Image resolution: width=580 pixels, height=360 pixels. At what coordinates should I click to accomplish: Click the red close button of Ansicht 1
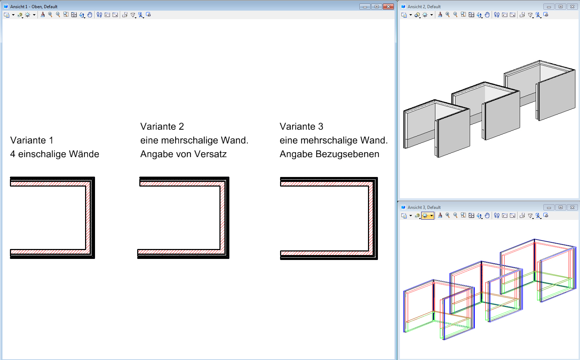point(388,7)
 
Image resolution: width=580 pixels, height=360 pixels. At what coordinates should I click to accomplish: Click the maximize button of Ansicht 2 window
point(561,7)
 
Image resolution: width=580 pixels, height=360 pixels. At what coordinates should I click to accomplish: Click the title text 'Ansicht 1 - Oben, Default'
point(34,7)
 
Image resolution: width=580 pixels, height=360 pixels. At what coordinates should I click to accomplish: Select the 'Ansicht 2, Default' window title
point(424,7)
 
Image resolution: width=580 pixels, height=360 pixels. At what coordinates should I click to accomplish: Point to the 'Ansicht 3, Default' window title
point(424,207)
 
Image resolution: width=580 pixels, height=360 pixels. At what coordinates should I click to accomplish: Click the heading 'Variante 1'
point(32,140)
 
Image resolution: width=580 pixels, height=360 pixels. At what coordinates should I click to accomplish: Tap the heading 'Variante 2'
point(162,127)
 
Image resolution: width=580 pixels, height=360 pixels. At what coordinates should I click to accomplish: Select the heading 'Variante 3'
point(301,127)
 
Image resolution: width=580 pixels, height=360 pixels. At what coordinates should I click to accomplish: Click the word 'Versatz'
point(210,154)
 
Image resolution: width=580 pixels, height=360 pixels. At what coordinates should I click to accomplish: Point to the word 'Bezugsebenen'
point(347,154)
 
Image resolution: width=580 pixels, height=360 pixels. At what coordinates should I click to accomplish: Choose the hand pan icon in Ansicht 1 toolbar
point(90,15)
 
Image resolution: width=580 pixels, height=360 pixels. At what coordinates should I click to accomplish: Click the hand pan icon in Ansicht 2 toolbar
point(487,15)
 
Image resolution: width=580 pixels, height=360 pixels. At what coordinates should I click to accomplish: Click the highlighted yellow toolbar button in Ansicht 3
point(428,216)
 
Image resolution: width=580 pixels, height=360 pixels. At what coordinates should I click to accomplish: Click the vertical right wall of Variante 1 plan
point(90,217)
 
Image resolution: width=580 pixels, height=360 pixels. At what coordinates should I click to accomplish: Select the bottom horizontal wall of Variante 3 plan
point(329,255)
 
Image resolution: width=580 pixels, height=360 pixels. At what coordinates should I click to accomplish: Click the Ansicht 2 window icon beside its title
point(403,6)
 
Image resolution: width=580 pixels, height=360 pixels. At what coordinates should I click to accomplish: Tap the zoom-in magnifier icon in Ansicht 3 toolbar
point(447,216)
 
